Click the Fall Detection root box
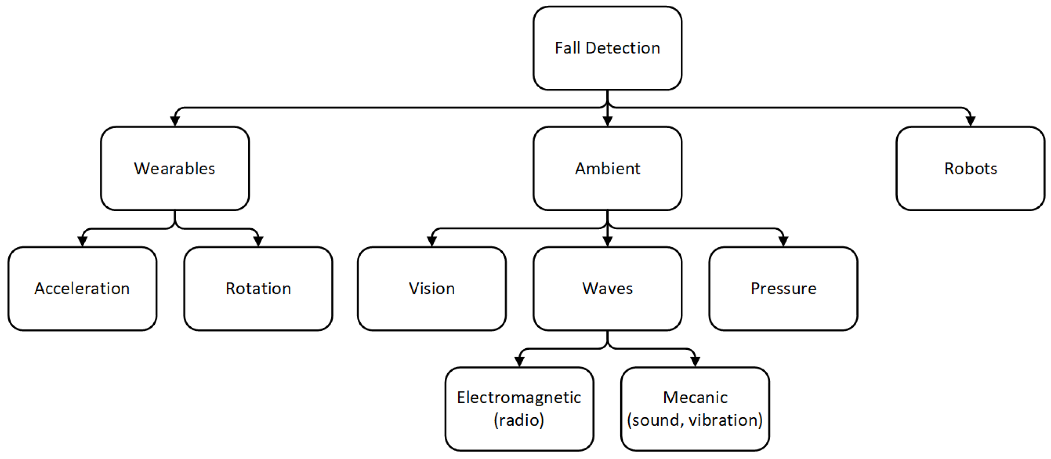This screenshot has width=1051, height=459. click(607, 48)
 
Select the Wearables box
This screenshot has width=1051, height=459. click(175, 168)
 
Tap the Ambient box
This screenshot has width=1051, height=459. click(607, 168)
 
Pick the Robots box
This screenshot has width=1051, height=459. click(971, 168)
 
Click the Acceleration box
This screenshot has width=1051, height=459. click(82, 288)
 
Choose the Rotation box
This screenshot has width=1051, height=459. click(258, 288)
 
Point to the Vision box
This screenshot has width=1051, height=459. click(432, 288)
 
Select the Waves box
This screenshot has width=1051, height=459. click(607, 288)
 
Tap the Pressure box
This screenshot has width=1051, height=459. click(784, 288)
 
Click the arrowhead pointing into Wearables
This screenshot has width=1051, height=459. click(175, 121)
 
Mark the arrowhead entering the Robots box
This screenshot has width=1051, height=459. click(971, 121)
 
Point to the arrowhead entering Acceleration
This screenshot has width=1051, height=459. click(82, 242)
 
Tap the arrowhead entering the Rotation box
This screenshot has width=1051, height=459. click(258, 242)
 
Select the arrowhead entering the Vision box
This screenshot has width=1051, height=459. click(432, 242)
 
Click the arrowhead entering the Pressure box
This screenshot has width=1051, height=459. click(784, 242)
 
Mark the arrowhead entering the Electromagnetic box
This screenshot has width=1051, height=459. click(519, 362)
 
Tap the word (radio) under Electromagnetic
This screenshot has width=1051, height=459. click(519, 420)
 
